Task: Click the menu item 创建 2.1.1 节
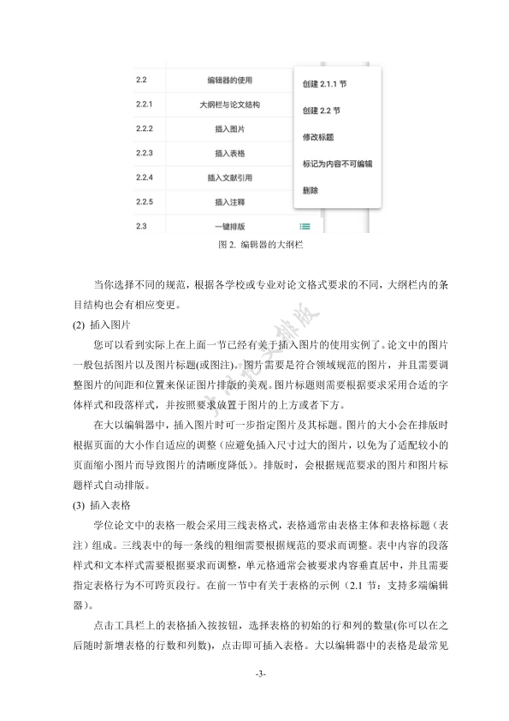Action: click(x=323, y=85)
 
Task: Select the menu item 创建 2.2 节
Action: click(x=321, y=110)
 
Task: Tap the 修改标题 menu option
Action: click(x=318, y=136)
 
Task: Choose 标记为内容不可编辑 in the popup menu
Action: click(x=337, y=162)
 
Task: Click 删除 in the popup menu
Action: click(x=311, y=189)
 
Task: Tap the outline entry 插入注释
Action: click(x=229, y=202)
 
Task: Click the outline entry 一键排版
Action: click(x=229, y=227)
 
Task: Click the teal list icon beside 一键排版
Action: click(x=305, y=227)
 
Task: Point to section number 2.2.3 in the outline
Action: click(x=144, y=153)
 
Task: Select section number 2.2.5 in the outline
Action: click(x=144, y=202)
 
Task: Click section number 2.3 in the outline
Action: click(x=141, y=226)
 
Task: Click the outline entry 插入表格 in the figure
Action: click(x=229, y=153)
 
